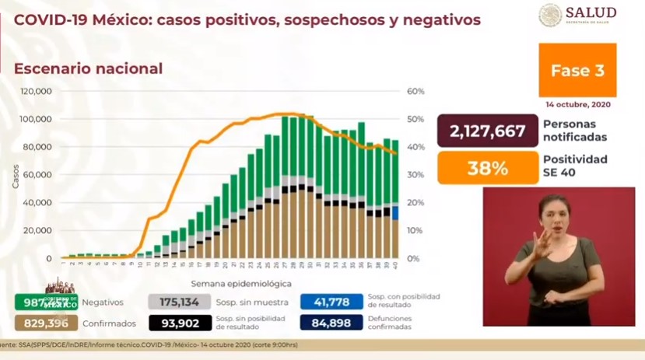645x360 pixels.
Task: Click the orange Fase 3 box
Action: pos(577,70)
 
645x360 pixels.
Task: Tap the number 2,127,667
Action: pos(487,131)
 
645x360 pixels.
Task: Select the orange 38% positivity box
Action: pos(487,167)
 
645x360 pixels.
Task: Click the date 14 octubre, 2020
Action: pos(577,104)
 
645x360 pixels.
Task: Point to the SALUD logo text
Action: pos(590,12)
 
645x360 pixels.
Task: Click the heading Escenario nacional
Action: pos(88,68)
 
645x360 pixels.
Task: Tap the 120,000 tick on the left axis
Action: pos(36,92)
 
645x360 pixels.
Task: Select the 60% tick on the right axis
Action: pos(415,92)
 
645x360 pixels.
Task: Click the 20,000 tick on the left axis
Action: pos(39,231)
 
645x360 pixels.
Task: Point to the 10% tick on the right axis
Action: pos(415,231)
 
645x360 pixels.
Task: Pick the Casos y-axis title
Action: pos(15,175)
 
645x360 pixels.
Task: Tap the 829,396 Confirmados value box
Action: pos(46,323)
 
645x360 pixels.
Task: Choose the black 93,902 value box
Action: pos(180,323)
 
